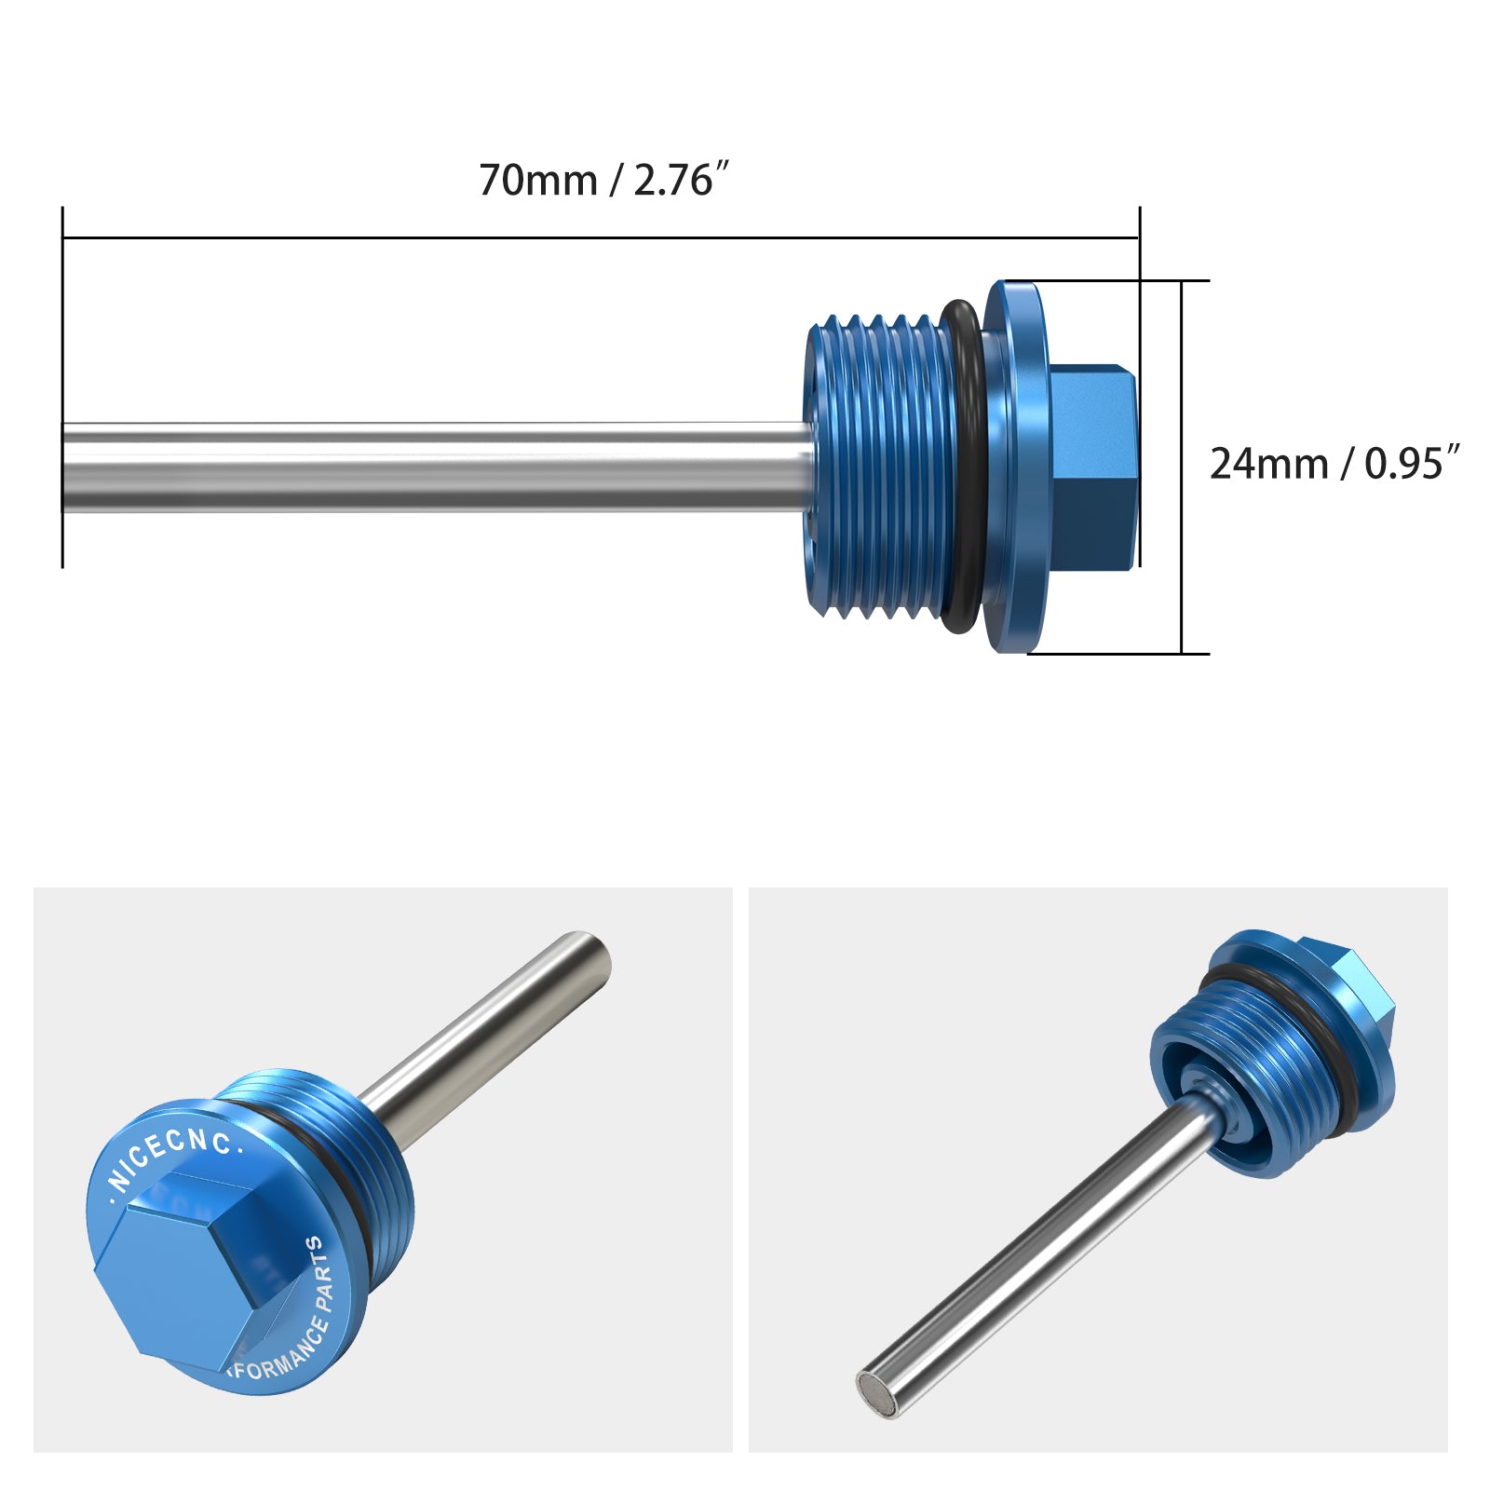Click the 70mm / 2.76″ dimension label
(603, 180)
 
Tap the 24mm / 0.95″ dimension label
(1334, 463)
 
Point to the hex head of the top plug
(1094, 466)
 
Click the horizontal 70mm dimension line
(596, 237)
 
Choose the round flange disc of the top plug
(1020, 466)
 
